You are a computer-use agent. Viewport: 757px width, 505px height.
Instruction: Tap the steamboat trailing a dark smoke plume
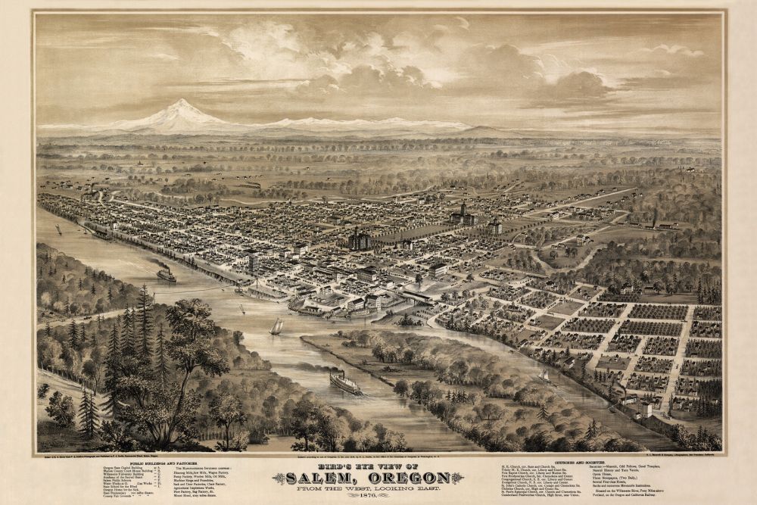[x=167, y=275]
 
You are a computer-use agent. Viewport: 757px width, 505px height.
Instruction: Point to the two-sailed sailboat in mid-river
[x=277, y=327]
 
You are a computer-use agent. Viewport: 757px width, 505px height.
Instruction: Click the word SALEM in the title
[x=338, y=479]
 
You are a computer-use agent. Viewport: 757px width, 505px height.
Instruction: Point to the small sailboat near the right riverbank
[x=544, y=375]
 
